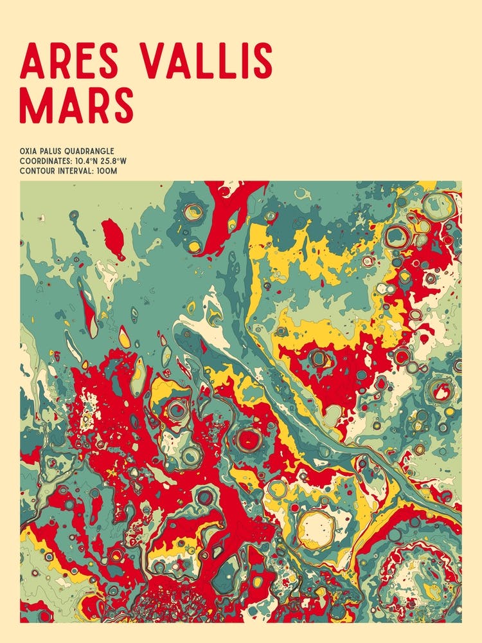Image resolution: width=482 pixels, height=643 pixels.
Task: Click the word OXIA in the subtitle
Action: [x=29, y=152]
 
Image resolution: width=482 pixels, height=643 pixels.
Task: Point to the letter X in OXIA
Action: [x=28, y=152]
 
